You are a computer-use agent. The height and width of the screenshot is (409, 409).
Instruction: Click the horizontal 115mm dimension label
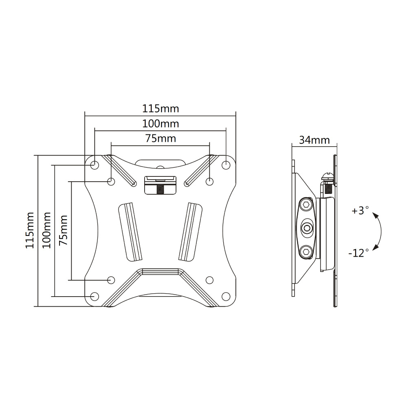[x=161, y=108]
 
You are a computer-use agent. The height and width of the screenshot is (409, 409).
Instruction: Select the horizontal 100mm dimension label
[x=161, y=124]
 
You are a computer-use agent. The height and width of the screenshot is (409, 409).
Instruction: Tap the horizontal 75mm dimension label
[x=161, y=139]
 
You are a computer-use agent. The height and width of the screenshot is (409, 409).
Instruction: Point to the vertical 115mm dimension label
[x=30, y=230]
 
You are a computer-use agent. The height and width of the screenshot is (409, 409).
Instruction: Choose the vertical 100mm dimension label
[x=46, y=230]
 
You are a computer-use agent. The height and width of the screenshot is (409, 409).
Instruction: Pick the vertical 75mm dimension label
[x=64, y=230]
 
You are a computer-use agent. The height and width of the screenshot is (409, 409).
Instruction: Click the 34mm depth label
[x=314, y=140]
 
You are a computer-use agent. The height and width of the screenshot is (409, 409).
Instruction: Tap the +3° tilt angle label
[x=360, y=210]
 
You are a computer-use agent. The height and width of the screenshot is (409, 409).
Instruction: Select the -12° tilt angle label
[x=358, y=253]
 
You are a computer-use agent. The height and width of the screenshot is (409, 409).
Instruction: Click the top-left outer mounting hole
[x=95, y=165]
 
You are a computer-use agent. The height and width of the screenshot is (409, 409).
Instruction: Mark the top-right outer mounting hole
[x=226, y=165]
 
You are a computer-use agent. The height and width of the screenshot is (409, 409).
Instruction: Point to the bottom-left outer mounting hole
[x=95, y=296]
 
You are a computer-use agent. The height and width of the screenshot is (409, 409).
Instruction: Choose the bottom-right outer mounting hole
[x=226, y=296]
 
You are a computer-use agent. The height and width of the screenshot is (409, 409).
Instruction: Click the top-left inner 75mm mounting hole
[x=111, y=181]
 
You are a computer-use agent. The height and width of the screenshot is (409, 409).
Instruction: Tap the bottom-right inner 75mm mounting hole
[x=209, y=280]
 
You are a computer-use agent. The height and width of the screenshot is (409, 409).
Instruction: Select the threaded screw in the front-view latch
[x=161, y=189]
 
